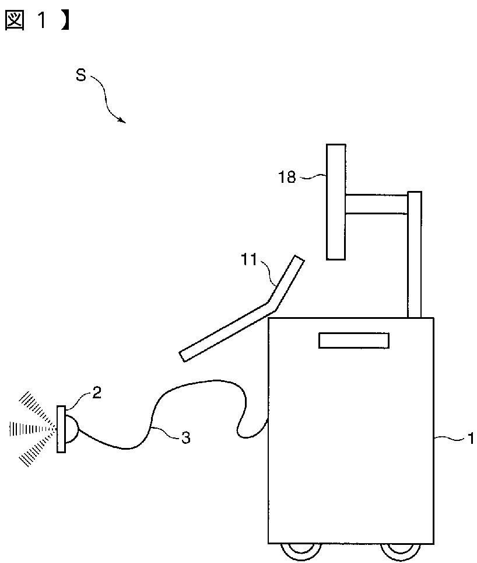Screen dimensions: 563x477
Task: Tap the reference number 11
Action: click(249, 259)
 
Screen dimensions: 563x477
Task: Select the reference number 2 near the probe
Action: click(97, 392)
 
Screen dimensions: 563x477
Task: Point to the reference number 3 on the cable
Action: click(185, 437)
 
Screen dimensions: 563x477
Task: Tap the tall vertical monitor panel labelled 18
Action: click(335, 201)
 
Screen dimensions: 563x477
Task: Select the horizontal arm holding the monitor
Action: click(376, 204)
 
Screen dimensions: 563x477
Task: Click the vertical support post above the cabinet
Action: click(414, 254)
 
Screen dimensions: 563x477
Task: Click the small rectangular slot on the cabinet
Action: click(354, 340)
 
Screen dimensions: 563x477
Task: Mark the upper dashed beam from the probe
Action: click(36, 408)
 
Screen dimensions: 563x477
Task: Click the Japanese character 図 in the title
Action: click(15, 20)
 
